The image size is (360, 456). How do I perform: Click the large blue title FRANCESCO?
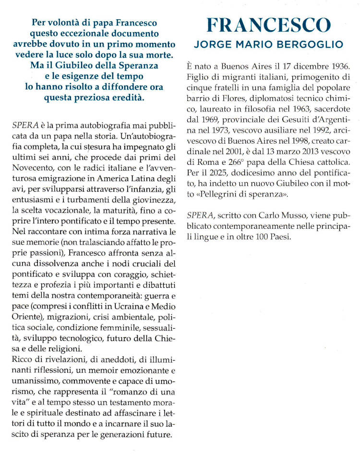click(268, 25)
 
